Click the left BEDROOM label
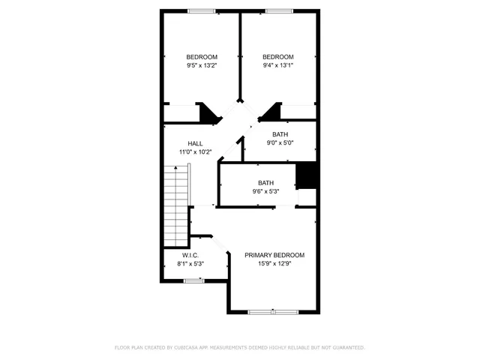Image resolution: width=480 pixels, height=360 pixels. [x=202, y=58]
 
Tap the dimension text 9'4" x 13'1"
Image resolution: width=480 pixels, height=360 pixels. [x=277, y=66]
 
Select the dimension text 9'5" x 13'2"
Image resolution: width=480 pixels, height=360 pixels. [x=202, y=66]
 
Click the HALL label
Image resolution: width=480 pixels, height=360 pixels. [x=195, y=144]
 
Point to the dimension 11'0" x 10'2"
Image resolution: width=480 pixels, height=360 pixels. [x=195, y=152]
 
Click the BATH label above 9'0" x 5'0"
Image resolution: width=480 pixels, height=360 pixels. [x=280, y=134]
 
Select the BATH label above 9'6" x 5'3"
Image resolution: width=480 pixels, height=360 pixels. [x=265, y=183]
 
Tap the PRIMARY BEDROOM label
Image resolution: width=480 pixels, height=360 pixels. [x=274, y=255]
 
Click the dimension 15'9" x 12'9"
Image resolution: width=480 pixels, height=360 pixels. [x=274, y=263]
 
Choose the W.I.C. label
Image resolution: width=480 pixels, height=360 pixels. [x=189, y=255]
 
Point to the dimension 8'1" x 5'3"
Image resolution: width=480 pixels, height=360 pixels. [x=189, y=263]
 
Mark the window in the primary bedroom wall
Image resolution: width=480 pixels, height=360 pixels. [x=272, y=311]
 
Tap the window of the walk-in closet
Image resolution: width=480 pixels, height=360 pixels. [x=194, y=280]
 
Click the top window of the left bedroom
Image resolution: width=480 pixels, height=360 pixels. [x=201, y=10]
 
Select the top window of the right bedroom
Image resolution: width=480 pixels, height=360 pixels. [x=279, y=10]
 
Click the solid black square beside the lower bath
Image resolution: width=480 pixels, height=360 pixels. [x=307, y=175]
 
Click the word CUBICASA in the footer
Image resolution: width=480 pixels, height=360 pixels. [x=188, y=348]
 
